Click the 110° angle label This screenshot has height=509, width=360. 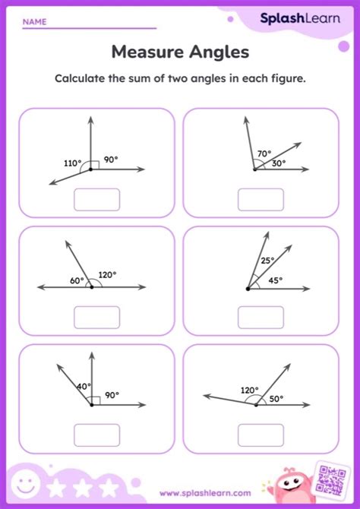(74, 163)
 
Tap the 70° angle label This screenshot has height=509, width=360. (264, 153)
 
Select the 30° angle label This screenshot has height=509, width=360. (279, 163)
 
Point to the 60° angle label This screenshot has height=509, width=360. (77, 280)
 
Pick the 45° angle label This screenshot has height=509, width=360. (275, 280)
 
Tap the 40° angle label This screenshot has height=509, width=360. (83, 386)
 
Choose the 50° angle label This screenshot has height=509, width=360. (275, 397)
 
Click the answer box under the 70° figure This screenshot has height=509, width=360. (261, 199)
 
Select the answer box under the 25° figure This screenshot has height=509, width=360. (261, 316)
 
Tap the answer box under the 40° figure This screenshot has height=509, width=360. (96, 435)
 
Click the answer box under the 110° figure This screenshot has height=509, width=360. (96, 199)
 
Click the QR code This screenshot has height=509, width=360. (331, 480)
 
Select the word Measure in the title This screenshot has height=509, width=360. (144, 52)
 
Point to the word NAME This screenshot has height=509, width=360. (33, 22)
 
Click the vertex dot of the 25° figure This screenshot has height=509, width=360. (248, 289)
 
